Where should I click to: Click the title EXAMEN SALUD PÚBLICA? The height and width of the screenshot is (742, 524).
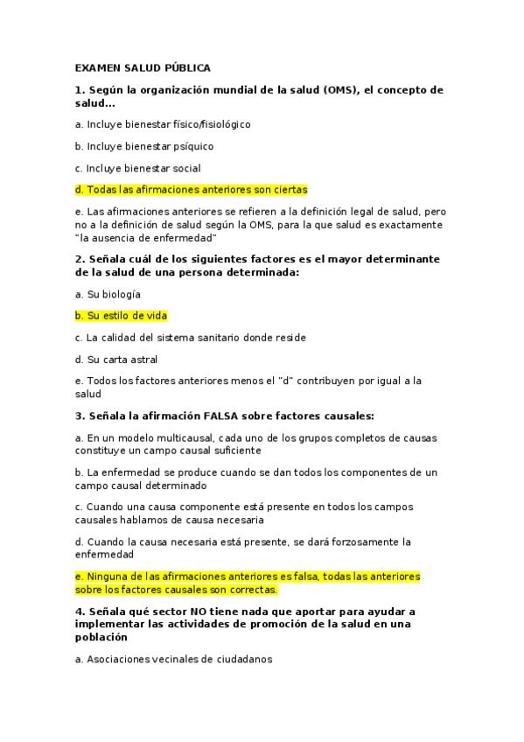click(143, 67)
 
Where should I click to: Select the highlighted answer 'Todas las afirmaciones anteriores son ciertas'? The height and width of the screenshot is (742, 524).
click(192, 190)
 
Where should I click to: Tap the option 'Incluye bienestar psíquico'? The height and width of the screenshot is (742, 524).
click(144, 146)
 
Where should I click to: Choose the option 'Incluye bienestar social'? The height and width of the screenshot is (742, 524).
click(138, 168)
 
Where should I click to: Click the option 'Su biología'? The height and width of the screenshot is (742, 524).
click(108, 294)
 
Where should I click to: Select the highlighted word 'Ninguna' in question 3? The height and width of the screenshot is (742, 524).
click(106, 577)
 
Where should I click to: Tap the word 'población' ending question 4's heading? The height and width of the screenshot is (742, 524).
click(101, 638)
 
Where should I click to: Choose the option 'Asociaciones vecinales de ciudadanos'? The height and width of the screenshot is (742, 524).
click(174, 660)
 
